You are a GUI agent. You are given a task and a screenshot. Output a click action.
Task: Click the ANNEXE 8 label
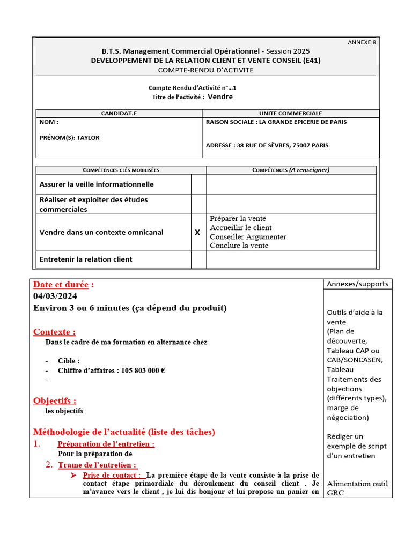(362, 42)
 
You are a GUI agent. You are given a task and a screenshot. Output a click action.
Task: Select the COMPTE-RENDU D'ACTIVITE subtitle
(206, 70)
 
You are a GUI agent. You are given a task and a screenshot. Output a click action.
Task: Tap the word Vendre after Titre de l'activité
(220, 97)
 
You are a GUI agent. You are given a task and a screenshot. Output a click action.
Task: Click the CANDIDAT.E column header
(119, 113)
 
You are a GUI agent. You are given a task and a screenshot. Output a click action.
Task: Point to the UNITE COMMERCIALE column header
(290, 113)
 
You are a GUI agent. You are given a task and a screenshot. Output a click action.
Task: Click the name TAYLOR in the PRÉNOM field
(88, 138)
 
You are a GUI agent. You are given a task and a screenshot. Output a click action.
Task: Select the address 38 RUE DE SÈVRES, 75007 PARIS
(283, 145)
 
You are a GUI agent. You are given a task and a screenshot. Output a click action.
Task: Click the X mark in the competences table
(197, 233)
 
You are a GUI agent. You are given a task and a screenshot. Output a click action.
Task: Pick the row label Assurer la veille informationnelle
(97, 184)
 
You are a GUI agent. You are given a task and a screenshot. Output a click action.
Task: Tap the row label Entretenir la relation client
(86, 259)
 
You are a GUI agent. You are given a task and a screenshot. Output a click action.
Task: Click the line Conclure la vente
(239, 246)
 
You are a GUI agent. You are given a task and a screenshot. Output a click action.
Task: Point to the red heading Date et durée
(63, 285)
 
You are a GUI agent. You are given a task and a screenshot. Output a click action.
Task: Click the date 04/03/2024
(55, 296)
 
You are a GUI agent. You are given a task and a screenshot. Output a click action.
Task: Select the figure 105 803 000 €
(143, 370)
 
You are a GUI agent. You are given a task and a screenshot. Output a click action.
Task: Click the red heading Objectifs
(54, 401)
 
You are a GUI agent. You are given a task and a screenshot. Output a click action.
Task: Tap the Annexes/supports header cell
(357, 284)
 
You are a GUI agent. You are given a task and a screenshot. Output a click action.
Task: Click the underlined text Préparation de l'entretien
(106, 444)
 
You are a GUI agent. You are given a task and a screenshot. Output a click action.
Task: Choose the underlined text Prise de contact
(112, 475)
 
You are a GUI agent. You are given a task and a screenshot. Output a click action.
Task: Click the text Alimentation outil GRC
(357, 488)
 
